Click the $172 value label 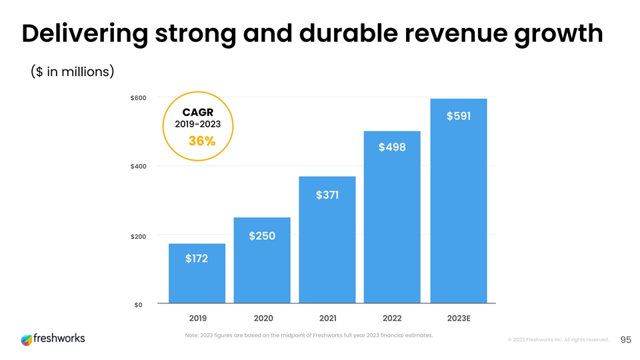[x=197, y=258]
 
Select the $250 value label [x=262, y=236]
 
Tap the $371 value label [x=327, y=195]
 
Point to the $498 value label [x=392, y=147]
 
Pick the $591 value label [x=458, y=116]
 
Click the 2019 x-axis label [x=197, y=317]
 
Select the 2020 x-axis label [x=262, y=317]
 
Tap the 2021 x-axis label [x=327, y=317]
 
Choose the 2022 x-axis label [x=392, y=317]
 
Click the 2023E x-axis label [x=459, y=317]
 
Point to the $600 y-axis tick [x=139, y=98]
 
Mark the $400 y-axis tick [x=139, y=166]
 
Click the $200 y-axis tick [x=139, y=236]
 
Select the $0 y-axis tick [x=139, y=305]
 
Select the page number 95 [x=625, y=340]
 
